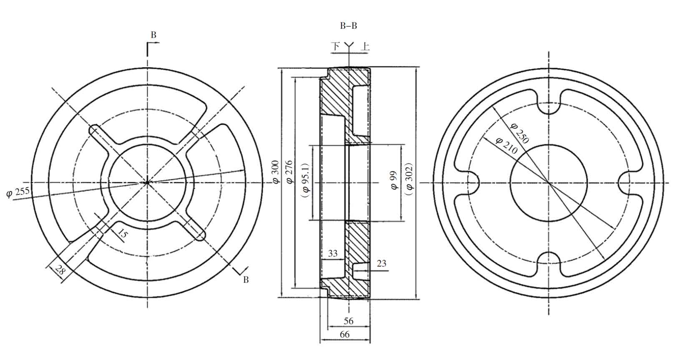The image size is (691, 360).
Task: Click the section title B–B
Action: [348, 26]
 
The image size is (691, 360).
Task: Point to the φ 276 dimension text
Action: [289, 171]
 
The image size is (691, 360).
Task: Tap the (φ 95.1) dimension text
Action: [306, 181]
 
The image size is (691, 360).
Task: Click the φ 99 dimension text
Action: [393, 180]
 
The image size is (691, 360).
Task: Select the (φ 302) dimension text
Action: [409, 179]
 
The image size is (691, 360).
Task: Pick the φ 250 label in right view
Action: [520, 133]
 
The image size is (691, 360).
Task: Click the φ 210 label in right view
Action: [506, 146]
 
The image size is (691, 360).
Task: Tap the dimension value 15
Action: [123, 234]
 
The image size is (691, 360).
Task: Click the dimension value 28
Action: [60, 270]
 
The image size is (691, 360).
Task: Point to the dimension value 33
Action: [332, 253]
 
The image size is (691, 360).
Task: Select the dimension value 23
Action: [382, 263]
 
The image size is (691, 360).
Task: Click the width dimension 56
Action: [349, 321]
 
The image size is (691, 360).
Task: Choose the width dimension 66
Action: [344, 335]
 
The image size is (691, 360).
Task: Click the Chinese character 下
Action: [336, 46]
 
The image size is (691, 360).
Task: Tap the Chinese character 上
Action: [365, 46]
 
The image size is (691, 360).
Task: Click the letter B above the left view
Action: [153, 35]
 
